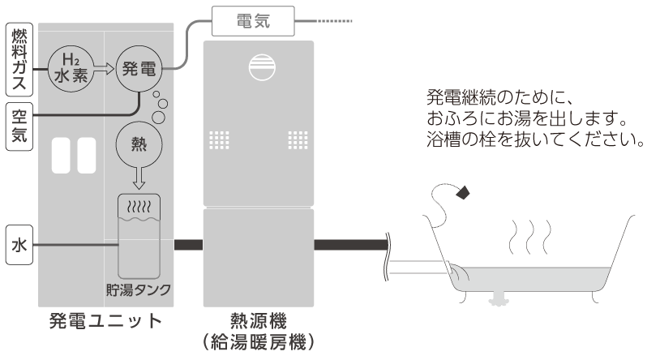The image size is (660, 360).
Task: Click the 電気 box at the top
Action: pos(253,21)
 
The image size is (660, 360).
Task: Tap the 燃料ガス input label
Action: pos(19,60)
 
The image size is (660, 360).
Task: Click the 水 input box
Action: pos(19,245)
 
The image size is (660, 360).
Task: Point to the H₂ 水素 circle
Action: pos(71,69)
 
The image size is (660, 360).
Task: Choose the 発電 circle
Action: pos(139,69)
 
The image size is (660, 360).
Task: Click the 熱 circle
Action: pos(139,144)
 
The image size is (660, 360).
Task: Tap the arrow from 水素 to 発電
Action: pos(104,69)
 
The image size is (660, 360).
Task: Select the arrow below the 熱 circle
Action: pos(139,178)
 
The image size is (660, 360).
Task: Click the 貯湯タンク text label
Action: pos(139,289)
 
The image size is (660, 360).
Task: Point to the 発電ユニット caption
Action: pos(105,321)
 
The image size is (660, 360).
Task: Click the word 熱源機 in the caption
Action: pos(259,321)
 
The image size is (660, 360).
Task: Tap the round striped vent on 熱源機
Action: pos(262,67)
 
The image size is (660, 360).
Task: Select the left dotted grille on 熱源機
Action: pos(219,140)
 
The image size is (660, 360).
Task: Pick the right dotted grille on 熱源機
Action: pos(298,140)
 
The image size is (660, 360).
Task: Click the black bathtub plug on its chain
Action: pos(463,192)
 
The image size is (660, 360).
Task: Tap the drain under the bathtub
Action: pos(499,298)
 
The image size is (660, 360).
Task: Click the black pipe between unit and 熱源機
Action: pos(189,245)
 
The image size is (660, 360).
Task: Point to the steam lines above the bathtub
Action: pos(530,237)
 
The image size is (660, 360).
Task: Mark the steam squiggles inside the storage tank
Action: pos(139,207)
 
